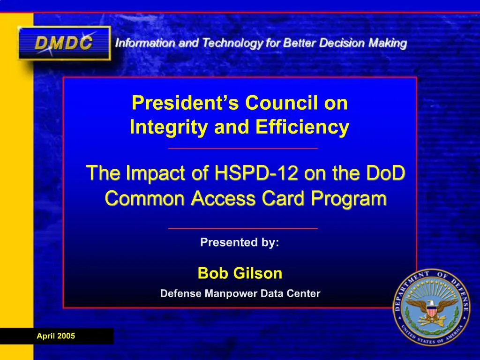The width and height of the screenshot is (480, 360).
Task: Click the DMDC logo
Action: (64, 43)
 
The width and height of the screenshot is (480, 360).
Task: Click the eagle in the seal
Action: (432, 309)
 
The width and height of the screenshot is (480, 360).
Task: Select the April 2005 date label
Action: (56, 336)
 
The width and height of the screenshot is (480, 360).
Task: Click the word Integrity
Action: (169, 127)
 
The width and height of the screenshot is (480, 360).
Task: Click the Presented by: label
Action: (240, 242)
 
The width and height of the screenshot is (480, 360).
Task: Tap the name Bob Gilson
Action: (240, 273)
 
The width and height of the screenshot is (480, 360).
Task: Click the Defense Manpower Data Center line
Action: (240, 294)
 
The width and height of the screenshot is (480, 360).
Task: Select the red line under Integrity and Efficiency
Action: (243, 148)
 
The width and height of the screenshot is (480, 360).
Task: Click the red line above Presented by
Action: (243, 228)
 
